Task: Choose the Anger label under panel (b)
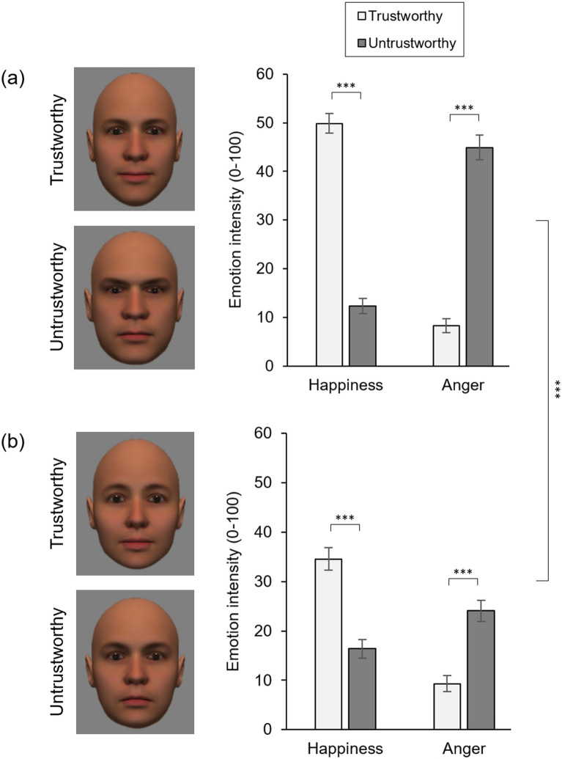pos(463,748)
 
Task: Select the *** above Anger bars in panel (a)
pos(464,108)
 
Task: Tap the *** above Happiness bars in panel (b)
pos(346,518)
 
